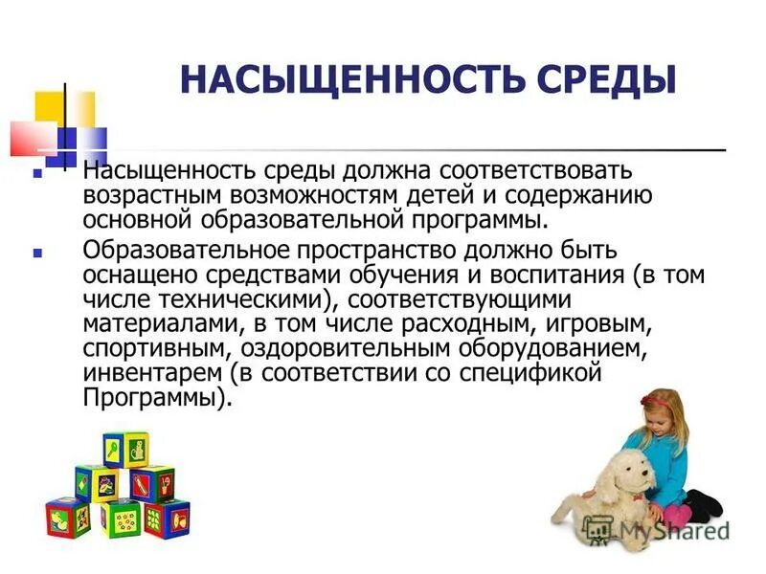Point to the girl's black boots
pos(707,504)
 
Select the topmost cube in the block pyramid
pos(125,448)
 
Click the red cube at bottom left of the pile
pos(67,517)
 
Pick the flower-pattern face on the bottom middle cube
pos(124,520)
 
